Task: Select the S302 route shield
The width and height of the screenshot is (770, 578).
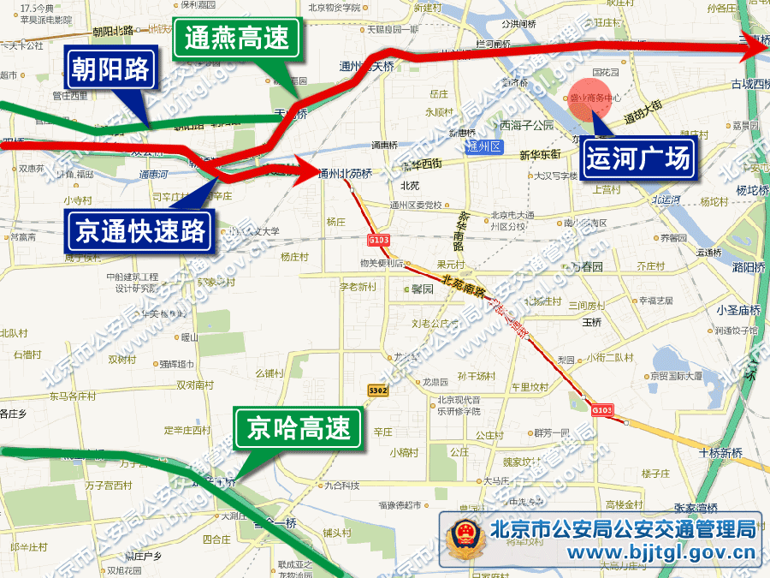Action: (x=378, y=390)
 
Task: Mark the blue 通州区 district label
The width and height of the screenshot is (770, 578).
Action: (x=484, y=146)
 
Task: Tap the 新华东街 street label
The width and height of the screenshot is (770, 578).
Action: (x=540, y=154)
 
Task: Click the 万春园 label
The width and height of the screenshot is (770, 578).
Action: (x=587, y=267)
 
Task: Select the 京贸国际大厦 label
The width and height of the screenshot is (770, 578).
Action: (x=675, y=375)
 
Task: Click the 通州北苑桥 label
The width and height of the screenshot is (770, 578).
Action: (x=345, y=174)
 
